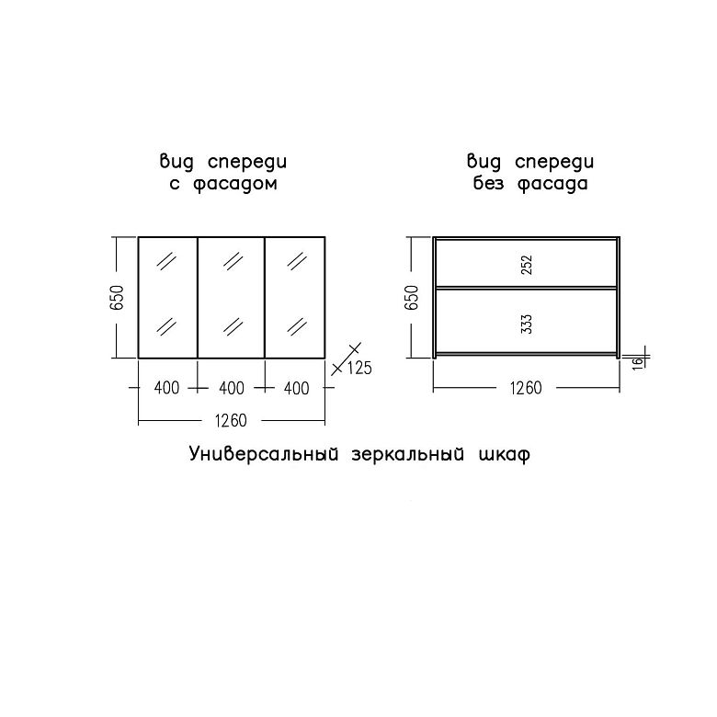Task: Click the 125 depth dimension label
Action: click(x=359, y=368)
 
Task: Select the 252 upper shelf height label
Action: click(x=527, y=265)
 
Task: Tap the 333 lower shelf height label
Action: click(x=527, y=324)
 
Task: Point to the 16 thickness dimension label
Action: click(x=638, y=361)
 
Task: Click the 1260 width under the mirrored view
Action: click(x=231, y=421)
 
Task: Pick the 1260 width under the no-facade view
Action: click(x=526, y=388)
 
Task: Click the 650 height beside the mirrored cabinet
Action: click(x=118, y=297)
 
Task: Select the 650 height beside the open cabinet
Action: click(x=412, y=297)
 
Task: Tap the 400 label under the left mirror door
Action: click(x=167, y=388)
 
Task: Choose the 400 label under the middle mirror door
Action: click(x=232, y=388)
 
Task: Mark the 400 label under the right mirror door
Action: click(x=296, y=388)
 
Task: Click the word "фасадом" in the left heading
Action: click(x=234, y=184)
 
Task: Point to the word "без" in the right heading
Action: click(x=488, y=183)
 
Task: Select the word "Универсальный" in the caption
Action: click(x=264, y=454)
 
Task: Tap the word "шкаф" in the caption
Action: click(x=505, y=455)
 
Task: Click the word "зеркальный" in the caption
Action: click(x=408, y=454)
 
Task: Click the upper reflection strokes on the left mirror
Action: click(x=166, y=261)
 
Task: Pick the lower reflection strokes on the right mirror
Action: click(x=297, y=326)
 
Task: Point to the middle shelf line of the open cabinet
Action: click(x=527, y=288)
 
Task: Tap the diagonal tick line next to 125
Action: click(x=347, y=358)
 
